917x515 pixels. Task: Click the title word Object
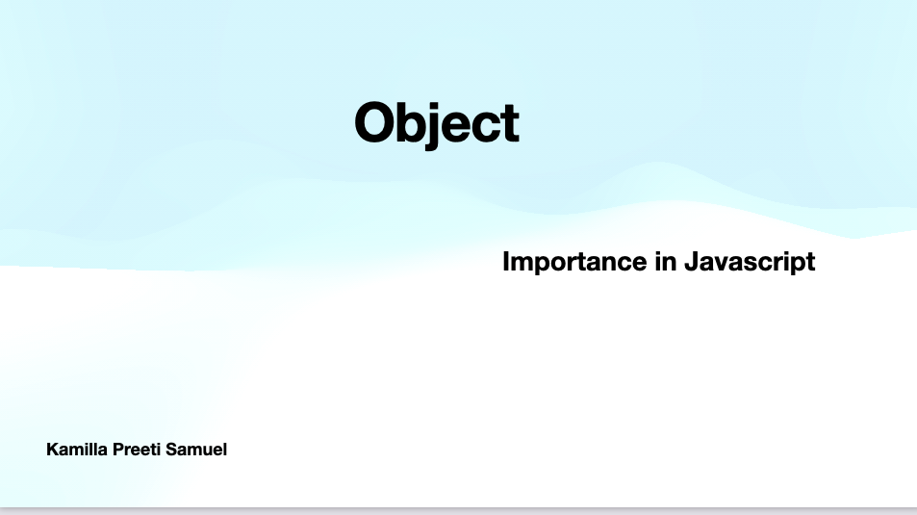[x=437, y=123]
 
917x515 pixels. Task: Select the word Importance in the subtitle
[x=573, y=262]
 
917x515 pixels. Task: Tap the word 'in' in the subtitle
[x=665, y=262]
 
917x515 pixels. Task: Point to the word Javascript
[x=750, y=262]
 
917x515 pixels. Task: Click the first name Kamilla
[x=75, y=449]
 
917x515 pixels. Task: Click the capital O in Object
[x=374, y=123]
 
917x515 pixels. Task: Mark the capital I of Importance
[x=506, y=262]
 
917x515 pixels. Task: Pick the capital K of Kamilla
[x=52, y=449]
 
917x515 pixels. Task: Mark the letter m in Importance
[x=522, y=263]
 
